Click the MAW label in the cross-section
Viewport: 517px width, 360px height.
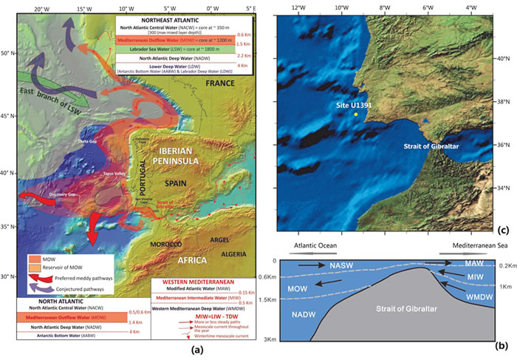tap(474, 264)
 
